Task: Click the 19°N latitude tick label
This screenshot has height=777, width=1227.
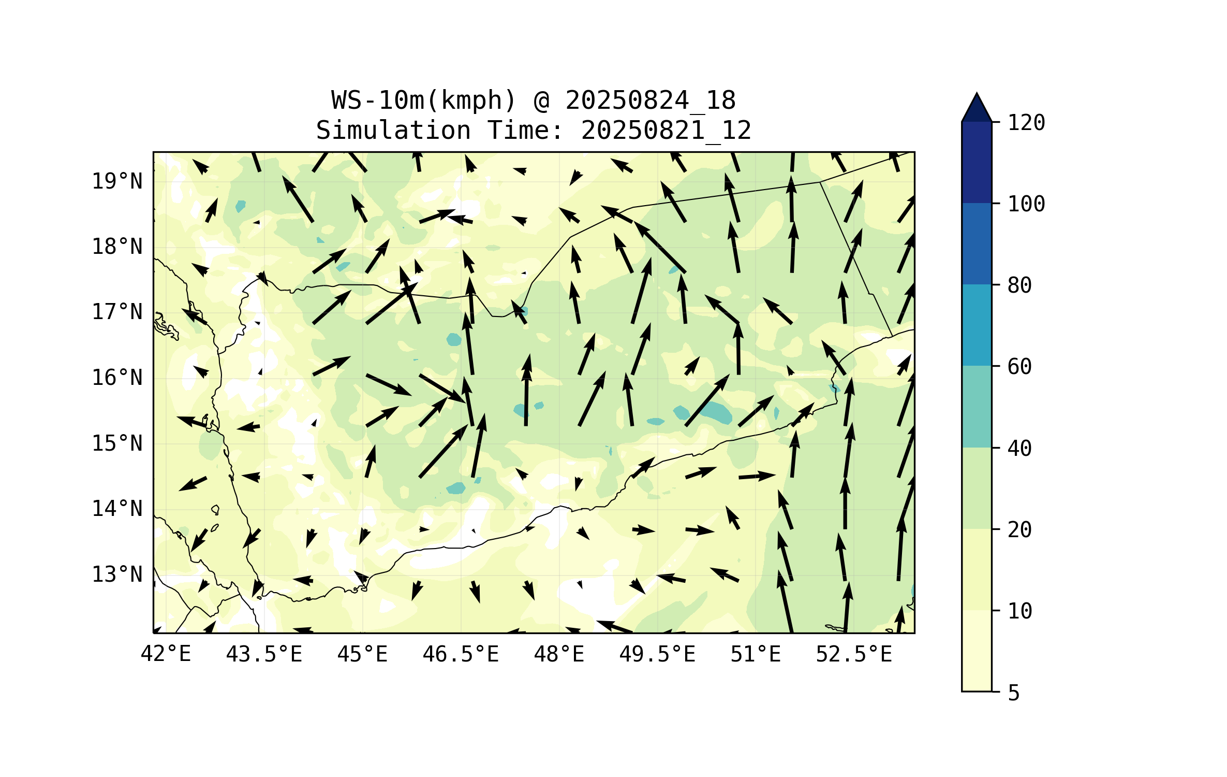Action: [x=117, y=181]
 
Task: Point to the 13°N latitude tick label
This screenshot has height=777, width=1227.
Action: [x=117, y=574]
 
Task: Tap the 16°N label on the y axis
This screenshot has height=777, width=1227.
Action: [x=117, y=378]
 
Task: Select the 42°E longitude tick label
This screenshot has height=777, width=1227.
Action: [x=166, y=654]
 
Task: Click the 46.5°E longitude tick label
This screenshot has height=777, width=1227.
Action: [x=461, y=654]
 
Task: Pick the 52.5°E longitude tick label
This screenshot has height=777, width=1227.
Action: [x=854, y=654]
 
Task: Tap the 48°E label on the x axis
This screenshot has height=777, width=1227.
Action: [x=559, y=654]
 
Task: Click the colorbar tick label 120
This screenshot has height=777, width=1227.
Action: [x=1026, y=123]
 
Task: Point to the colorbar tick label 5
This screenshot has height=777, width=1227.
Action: [x=1014, y=693]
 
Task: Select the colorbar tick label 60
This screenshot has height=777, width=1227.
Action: [x=1019, y=367]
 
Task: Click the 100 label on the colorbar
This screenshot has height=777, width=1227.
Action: [x=1026, y=204]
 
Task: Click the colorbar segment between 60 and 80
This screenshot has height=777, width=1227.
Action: [x=977, y=325]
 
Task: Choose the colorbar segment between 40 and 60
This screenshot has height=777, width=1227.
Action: [x=977, y=407]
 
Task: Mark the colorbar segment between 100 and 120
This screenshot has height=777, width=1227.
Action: [x=977, y=162]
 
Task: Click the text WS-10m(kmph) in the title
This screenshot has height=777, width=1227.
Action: [x=424, y=100]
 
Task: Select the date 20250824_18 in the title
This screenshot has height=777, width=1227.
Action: [x=650, y=100]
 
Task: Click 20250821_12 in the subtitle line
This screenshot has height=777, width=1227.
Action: [x=666, y=131]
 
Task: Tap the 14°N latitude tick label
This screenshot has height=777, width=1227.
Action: [x=117, y=509]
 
